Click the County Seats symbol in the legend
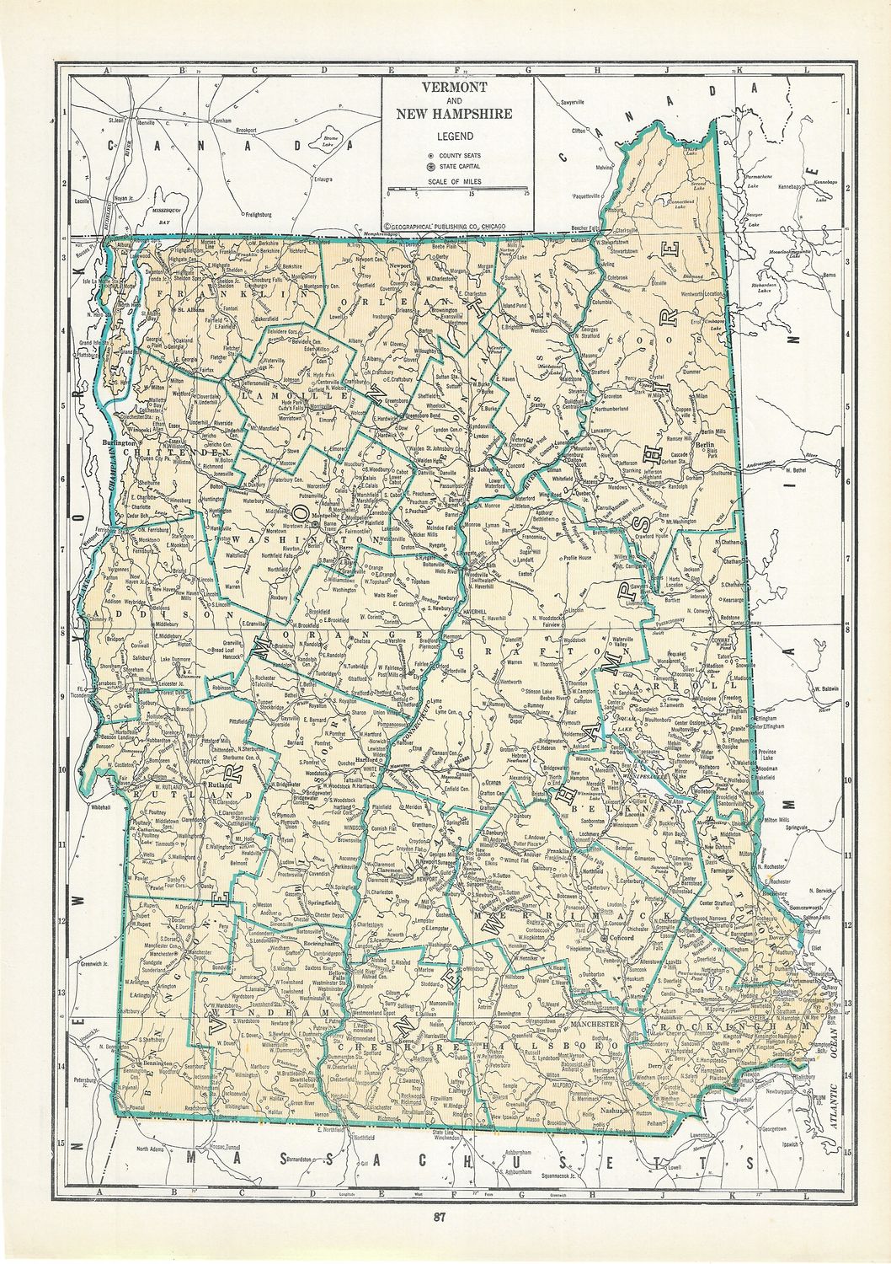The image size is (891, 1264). pos(432,156)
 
